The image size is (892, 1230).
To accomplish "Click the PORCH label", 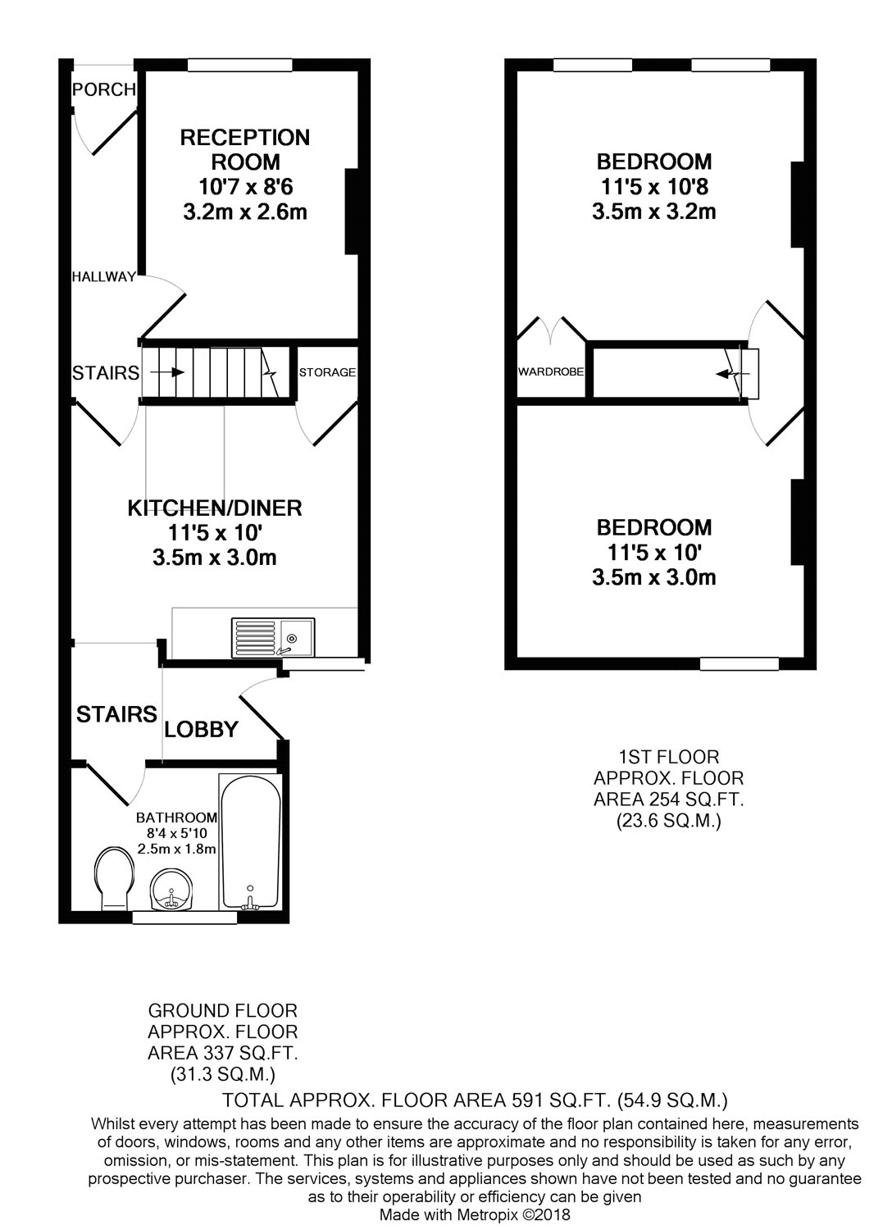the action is pyautogui.click(x=104, y=89).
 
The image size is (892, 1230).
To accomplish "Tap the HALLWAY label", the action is pyautogui.click(x=104, y=277).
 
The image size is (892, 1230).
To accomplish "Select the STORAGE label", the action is pyautogui.click(x=327, y=372).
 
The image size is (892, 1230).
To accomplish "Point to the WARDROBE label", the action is pyautogui.click(x=551, y=371).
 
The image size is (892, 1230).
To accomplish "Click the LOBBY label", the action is pyautogui.click(x=202, y=729).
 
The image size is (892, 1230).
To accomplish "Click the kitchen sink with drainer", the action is pyautogui.click(x=273, y=637).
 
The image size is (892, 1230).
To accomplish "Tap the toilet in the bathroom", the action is pyautogui.click(x=114, y=878).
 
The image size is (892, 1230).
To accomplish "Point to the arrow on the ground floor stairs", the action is pyautogui.click(x=167, y=372).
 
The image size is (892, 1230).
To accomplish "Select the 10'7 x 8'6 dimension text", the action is pyautogui.click(x=245, y=187).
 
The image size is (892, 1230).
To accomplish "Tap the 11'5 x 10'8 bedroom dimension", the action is pyautogui.click(x=654, y=187).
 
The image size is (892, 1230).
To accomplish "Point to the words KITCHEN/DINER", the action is pyautogui.click(x=215, y=508).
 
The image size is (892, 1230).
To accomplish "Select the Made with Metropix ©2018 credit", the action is pyautogui.click(x=475, y=1214).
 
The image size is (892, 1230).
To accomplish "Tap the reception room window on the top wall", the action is pyautogui.click(x=240, y=65).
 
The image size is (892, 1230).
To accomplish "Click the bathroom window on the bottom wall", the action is pyautogui.click(x=185, y=918).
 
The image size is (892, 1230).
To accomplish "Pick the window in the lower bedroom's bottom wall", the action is pyautogui.click(x=740, y=664).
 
